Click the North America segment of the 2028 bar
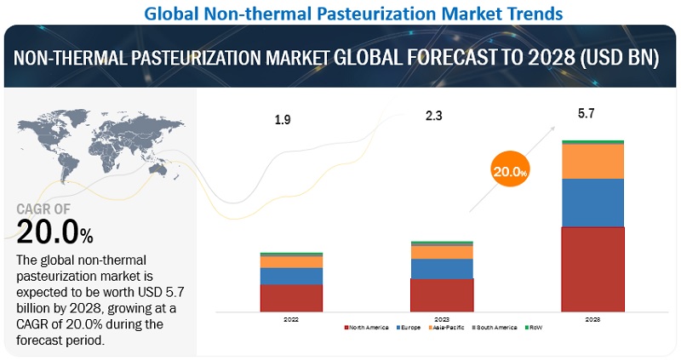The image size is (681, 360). pyautogui.click(x=592, y=268)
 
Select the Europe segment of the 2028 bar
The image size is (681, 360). pyautogui.click(x=592, y=203)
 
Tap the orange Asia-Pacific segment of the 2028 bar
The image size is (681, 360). pyautogui.click(x=592, y=161)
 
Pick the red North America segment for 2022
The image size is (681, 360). pyautogui.click(x=291, y=297)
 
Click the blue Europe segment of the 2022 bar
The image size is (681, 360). pyautogui.click(x=291, y=276)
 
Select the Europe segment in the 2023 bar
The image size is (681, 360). pyautogui.click(x=442, y=268)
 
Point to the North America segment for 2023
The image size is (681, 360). pyautogui.click(x=442, y=294)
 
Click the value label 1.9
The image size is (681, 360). pyautogui.click(x=283, y=120)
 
